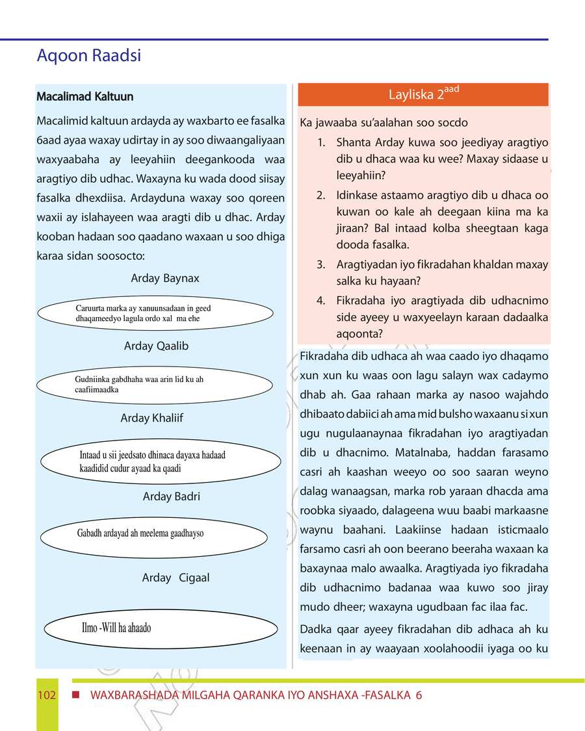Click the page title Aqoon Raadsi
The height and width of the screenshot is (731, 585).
(x=89, y=57)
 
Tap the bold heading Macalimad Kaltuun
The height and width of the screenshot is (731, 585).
(x=85, y=97)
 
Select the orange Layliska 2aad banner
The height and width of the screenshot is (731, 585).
(x=423, y=94)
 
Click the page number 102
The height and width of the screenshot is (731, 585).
(x=47, y=695)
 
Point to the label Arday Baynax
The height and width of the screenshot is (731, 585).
(x=165, y=278)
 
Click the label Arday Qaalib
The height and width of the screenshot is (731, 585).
(x=156, y=346)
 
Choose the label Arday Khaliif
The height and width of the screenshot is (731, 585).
(x=152, y=418)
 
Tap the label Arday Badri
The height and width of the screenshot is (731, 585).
(x=172, y=496)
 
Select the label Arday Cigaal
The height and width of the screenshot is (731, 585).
(x=175, y=578)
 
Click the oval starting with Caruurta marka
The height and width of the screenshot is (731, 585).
(x=155, y=313)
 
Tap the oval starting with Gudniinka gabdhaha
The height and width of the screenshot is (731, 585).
(x=154, y=385)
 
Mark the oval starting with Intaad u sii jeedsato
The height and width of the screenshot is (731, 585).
(x=161, y=461)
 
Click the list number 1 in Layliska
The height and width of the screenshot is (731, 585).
(x=321, y=142)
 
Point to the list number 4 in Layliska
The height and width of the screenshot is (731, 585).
(x=321, y=301)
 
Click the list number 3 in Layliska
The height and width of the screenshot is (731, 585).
(x=321, y=265)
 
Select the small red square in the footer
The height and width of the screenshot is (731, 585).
(x=76, y=695)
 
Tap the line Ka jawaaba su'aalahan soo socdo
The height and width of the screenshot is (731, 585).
(x=383, y=123)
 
